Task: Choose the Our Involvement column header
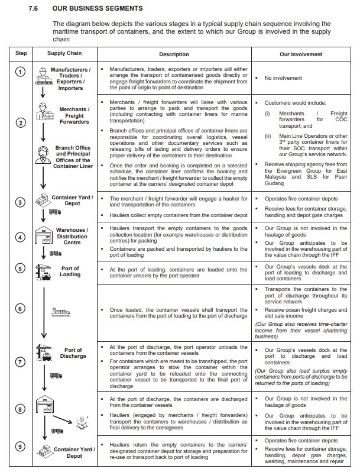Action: tap(301, 53)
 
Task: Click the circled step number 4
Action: tap(20, 237)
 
